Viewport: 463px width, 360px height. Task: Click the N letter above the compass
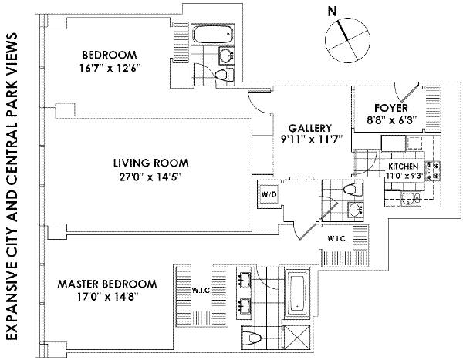(x=333, y=12)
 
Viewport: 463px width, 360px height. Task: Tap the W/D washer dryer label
(x=269, y=194)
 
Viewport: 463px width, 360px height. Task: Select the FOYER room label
(x=391, y=108)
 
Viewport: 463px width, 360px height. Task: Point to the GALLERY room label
(x=310, y=128)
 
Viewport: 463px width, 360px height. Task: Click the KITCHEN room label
(x=404, y=167)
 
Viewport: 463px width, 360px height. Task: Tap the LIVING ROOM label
(x=151, y=163)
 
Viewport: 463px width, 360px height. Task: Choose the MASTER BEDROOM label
(x=107, y=284)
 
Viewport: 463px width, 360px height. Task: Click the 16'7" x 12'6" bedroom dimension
(x=110, y=68)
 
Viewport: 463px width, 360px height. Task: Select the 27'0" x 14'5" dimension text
(x=150, y=177)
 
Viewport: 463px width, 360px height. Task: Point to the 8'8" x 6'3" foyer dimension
(x=391, y=121)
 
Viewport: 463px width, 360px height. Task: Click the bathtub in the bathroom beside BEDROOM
(x=212, y=35)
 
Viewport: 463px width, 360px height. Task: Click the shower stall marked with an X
(x=296, y=338)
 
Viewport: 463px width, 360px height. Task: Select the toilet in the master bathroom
(x=252, y=338)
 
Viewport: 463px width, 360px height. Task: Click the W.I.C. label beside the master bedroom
(x=201, y=291)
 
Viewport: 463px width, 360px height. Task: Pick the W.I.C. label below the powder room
(x=337, y=239)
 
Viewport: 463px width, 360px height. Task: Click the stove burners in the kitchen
(x=432, y=170)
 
